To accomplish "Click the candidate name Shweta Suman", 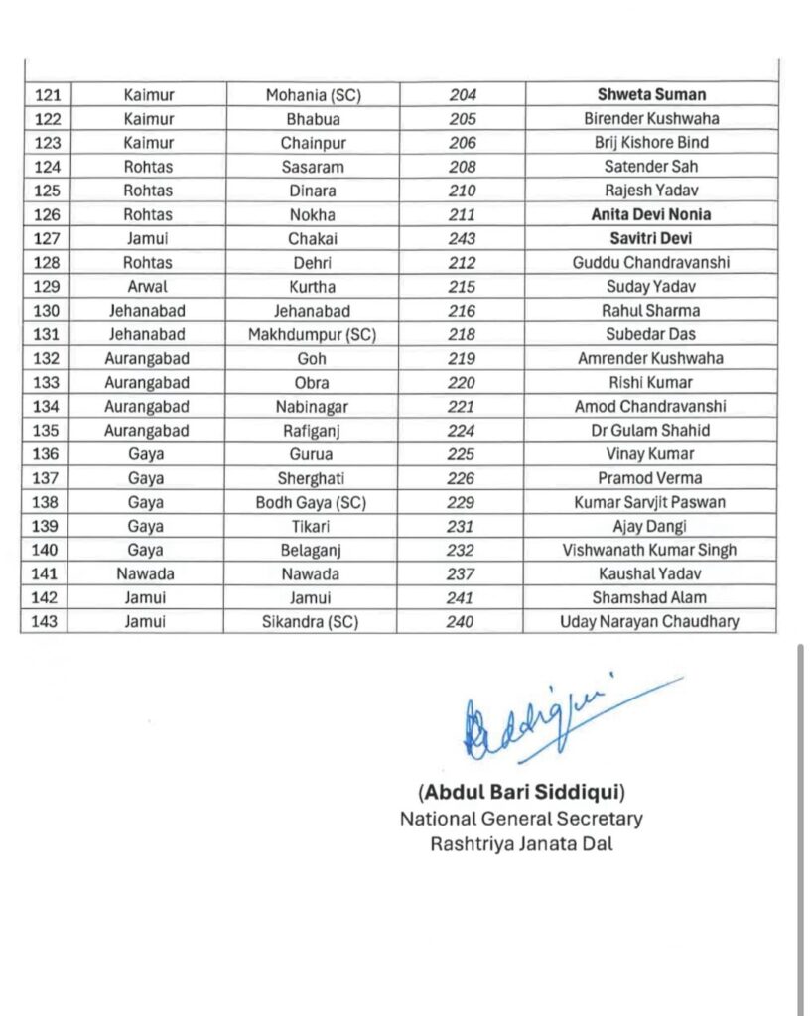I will coord(651,95).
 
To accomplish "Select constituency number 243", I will coord(462,238).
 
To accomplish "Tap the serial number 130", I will coord(48,311).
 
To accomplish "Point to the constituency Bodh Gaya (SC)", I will coord(312,502).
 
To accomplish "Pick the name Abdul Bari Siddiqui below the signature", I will coord(520,792).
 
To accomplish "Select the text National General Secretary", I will coord(521,819).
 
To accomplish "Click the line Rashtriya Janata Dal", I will coord(521,844).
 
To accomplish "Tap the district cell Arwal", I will coord(148,287).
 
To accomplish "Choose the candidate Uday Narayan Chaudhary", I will coord(650,622).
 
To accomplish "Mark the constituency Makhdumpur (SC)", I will coord(312,334).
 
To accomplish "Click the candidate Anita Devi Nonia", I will coord(650,214).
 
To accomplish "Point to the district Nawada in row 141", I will coord(146,573).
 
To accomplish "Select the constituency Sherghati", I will coord(312,478).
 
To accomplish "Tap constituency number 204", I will coord(462,95).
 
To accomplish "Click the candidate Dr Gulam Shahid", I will coord(650,431).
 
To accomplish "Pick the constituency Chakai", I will coord(312,238).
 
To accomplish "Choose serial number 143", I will coord(48,622).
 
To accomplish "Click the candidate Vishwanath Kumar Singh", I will coord(650,550).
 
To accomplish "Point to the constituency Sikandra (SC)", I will coord(312,622).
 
